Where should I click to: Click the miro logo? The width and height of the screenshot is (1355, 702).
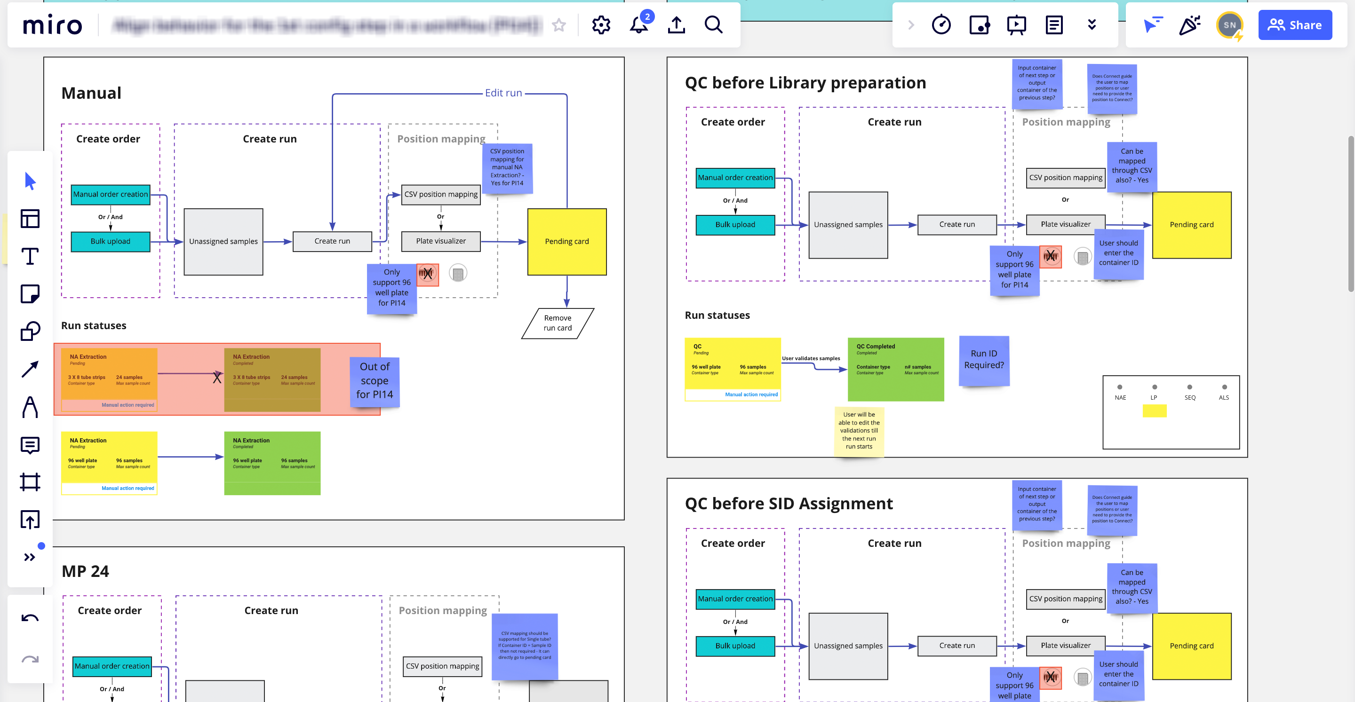click(x=53, y=25)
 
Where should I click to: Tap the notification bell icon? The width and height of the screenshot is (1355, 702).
click(x=638, y=25)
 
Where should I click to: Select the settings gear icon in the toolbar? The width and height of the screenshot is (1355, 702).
click(x=601, y=25)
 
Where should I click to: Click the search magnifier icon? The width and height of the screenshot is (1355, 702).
click(x=713, y=25)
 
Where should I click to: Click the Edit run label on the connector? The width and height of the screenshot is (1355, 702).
click(x=503, y=93)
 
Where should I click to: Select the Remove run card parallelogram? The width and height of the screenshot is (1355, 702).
click(x=558, y=323)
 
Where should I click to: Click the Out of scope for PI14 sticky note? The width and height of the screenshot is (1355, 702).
click(x=375, y=381)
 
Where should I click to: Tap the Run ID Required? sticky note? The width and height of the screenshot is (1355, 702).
click(x=984, y=360)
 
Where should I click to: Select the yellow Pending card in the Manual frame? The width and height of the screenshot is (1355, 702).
click(x=566, y=241)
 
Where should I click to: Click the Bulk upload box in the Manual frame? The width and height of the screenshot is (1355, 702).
click(x=111, y=241)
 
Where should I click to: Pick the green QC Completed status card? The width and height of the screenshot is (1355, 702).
click(x=895, y=369)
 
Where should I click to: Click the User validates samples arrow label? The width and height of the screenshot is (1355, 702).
click(x=811, y=359)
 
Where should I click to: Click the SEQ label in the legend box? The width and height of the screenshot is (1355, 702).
click(x=1190, y=397)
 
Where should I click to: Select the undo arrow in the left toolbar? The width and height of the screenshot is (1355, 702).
click(x=30, y=618)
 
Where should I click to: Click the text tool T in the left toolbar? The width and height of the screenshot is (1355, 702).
click(x=30, y=257)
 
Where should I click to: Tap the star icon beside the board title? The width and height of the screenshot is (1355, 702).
click(x=558, y=25)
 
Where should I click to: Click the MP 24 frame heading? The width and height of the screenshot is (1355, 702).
click(x=85, y=571)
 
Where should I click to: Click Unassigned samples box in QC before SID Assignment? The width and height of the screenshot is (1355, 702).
click(x=848, y=646)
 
